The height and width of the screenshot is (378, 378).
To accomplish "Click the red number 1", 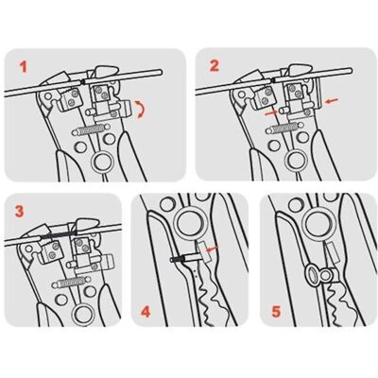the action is (24, 67).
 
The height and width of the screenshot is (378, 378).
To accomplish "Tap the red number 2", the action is (215, 66).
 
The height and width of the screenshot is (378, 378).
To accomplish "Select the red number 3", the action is (19, 212).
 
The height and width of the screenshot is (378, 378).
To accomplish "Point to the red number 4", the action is (146, 312).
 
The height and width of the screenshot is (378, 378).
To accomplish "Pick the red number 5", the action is (276, 312).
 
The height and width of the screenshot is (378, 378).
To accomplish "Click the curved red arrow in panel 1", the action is (141, 110).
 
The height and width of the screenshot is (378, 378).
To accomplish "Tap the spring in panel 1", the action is (92, 130).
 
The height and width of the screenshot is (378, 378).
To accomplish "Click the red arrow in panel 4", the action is (212, 249).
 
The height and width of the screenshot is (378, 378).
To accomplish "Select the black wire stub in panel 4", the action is (178, 259).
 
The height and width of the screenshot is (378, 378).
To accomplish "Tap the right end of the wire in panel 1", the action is (160, 73).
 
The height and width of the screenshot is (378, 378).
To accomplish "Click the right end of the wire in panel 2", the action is (349, 71).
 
